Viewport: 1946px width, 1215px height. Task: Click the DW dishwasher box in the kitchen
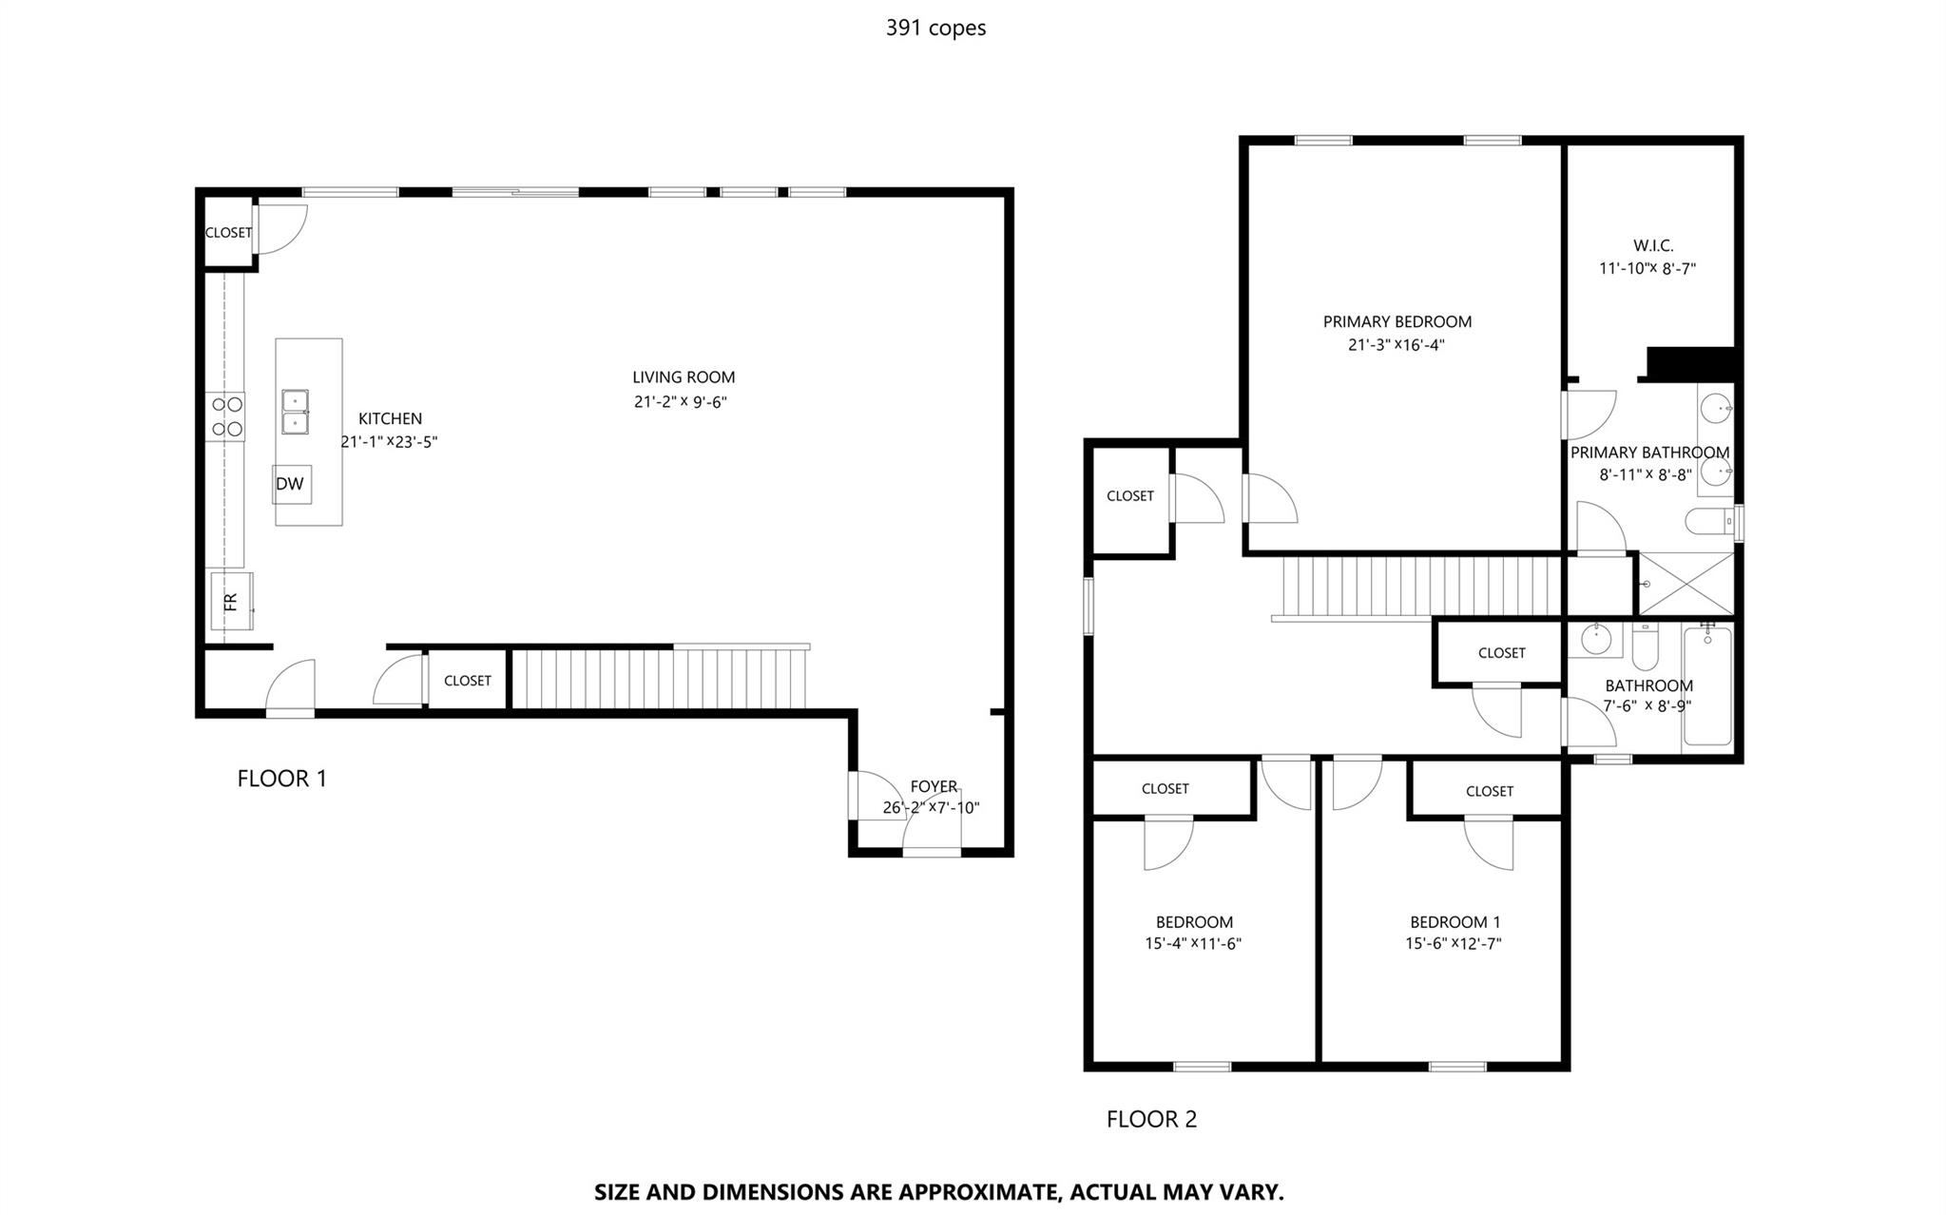point(291,484)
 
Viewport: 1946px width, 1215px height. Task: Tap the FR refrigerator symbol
point(231,601)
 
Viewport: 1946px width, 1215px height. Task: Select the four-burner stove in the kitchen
point(226,417)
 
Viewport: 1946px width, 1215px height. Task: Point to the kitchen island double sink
point(295,412)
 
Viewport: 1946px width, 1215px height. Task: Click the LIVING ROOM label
point(684,377)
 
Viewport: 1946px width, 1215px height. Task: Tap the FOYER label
point(934,786)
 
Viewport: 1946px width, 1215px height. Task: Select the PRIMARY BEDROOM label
point(1397,322)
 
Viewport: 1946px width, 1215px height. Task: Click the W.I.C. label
point(1653,246)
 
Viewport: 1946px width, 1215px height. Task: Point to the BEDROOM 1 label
point(1455,922)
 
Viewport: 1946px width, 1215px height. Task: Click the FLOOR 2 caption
point(1151,1120)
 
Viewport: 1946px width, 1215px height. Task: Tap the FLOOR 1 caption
point(281,779)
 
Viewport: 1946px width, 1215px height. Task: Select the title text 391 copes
point(935,29)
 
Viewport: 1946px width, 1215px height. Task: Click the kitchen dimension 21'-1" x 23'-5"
point(389,442)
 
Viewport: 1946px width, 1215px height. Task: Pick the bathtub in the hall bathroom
point(1707,685)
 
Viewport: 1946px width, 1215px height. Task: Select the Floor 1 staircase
point(660,678)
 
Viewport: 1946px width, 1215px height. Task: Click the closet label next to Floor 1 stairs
point(468,681)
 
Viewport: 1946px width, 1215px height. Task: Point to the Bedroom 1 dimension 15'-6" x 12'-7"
point(1454,944)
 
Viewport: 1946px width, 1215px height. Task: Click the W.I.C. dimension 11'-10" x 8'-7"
point(1647,269)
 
